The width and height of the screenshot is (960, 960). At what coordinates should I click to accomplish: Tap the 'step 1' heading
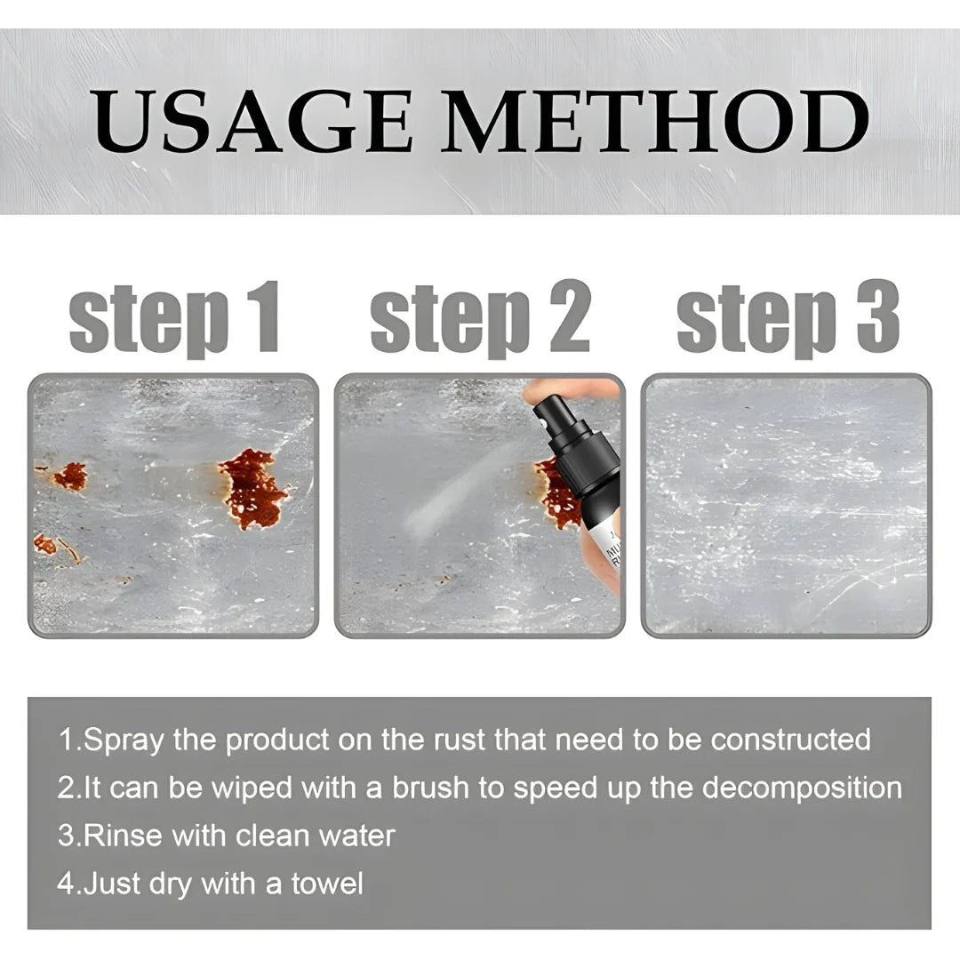coord(175,317)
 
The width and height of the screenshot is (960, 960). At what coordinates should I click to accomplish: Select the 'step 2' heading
coord(480,317)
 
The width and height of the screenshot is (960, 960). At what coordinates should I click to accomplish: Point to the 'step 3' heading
coord(788,317)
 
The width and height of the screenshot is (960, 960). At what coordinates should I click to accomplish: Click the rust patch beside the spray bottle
coord(555,494)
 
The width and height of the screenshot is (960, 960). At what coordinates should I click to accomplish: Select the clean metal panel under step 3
coord(786,505)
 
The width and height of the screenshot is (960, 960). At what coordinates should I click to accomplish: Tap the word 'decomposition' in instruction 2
coord(792,788)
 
